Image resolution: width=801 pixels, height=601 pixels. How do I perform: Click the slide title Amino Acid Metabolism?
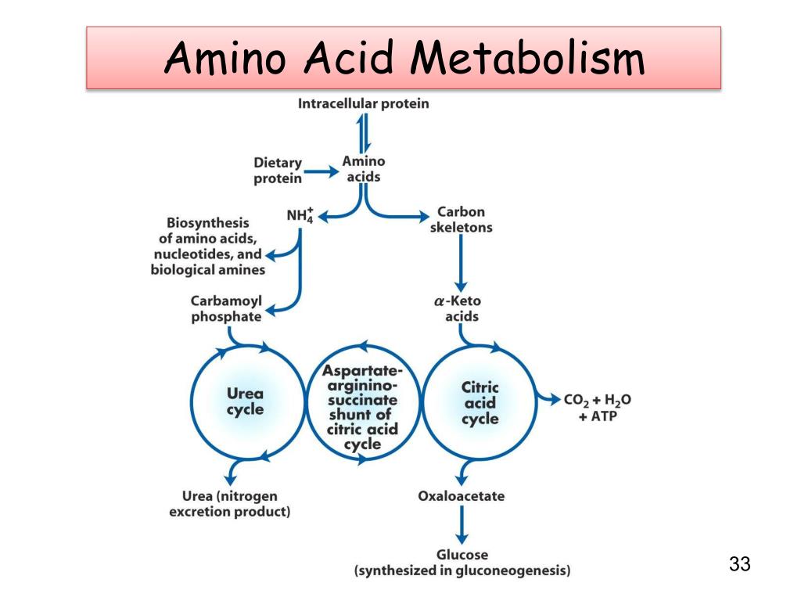coord(404,59)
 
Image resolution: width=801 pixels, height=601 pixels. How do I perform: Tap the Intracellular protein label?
coord(363,103)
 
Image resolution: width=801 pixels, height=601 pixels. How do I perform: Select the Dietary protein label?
coord(278,171)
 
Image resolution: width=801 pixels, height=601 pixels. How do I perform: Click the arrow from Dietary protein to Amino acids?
coord(320,171)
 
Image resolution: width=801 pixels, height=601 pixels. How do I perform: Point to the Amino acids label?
coord(364,169)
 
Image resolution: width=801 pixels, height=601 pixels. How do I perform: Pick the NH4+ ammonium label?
coord(300,213)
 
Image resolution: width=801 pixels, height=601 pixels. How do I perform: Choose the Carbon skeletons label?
coord(461,219)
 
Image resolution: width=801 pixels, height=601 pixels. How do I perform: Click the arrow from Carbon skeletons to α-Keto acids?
coord(461,262)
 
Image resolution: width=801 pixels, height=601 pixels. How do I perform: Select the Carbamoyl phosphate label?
coord(227,309)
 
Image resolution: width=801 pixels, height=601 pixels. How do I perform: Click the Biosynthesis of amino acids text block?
coord(208,247)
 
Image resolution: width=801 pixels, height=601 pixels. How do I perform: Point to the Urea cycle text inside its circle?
coord(246,401)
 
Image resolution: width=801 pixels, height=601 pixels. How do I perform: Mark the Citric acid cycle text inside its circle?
coord(480,402)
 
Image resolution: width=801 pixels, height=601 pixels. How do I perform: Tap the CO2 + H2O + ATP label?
coord(598,408)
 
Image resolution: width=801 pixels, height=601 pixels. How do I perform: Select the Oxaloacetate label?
coord(461,496)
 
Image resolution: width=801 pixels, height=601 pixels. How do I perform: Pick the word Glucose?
coord(462,555)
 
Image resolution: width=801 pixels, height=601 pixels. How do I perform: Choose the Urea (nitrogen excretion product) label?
coord(230,504)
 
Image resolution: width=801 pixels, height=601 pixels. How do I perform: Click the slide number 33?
coord(739,564)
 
